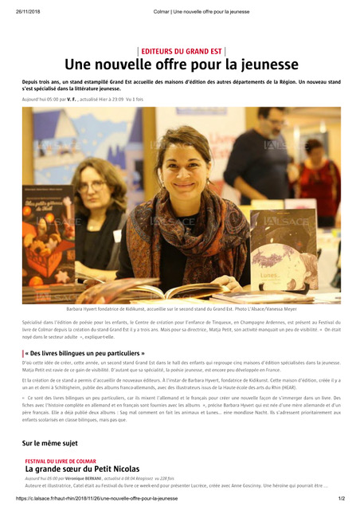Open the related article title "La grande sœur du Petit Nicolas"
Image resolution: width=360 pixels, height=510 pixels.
point(82,470)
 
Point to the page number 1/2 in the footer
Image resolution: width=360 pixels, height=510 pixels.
point(340,500)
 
